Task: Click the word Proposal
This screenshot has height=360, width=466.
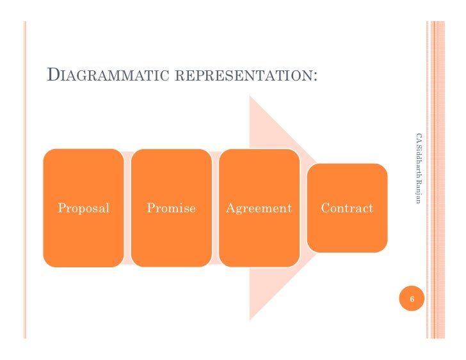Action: (83, 208)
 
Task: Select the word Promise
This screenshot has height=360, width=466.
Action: (171, 208)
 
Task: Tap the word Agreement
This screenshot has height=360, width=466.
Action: (259, 208)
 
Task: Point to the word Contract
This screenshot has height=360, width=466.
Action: (347, 208)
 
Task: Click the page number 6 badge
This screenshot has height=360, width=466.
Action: (412, 300)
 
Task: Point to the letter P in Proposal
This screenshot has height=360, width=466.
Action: (61, 208)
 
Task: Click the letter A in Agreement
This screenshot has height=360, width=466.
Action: (229, 208)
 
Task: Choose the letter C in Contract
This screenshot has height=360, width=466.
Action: (325, 208)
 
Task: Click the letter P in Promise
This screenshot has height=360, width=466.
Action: (150, 208)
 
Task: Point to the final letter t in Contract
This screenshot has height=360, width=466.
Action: (371, 208)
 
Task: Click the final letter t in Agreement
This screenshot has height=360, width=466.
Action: (289, 208)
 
